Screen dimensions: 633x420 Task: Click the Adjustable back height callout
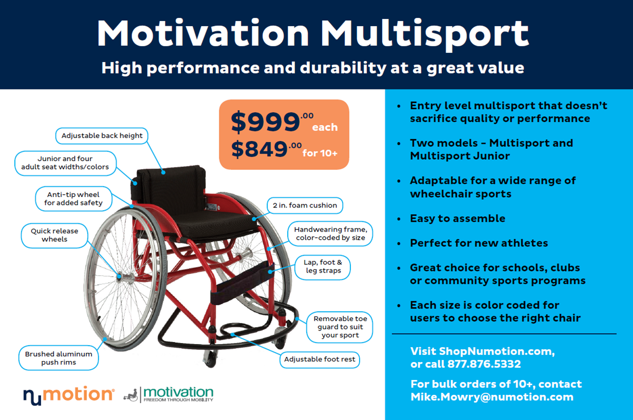coord(102,136)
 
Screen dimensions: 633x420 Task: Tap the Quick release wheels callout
coord(54,235)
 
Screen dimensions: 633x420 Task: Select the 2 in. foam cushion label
coord(305,205)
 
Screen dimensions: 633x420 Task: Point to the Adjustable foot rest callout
coord(320,359)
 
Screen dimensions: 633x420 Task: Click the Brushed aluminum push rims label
coord(59,358)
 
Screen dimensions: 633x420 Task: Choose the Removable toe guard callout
coord(340,327)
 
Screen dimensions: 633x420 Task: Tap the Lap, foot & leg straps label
coord(323,266)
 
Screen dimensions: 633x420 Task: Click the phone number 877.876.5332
coord(484,364)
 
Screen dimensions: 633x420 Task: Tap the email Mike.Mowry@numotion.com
coord(492,397)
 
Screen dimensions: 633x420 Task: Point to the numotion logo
coord(69,395)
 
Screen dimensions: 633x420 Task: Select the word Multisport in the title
coord(424,34)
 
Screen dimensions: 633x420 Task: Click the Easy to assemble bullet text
coord(457,218)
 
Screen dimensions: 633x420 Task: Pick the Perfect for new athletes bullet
coord(479,243)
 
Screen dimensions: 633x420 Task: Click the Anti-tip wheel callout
coord(73,199)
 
